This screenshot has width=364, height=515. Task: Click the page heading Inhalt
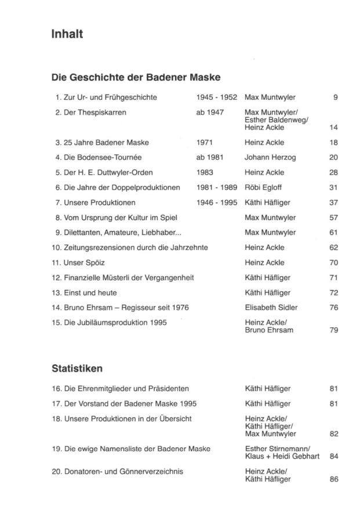click(67, 34)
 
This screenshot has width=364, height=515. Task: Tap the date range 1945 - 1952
click(217, 97)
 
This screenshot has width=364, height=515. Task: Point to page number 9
click(335, 97)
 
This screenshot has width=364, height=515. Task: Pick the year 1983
click(205, 172)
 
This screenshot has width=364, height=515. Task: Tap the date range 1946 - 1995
click(217, 202)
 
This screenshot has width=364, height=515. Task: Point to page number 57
click(333, 217)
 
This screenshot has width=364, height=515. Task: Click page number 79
click(333, 330)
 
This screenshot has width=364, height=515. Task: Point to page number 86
click(333, 479)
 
